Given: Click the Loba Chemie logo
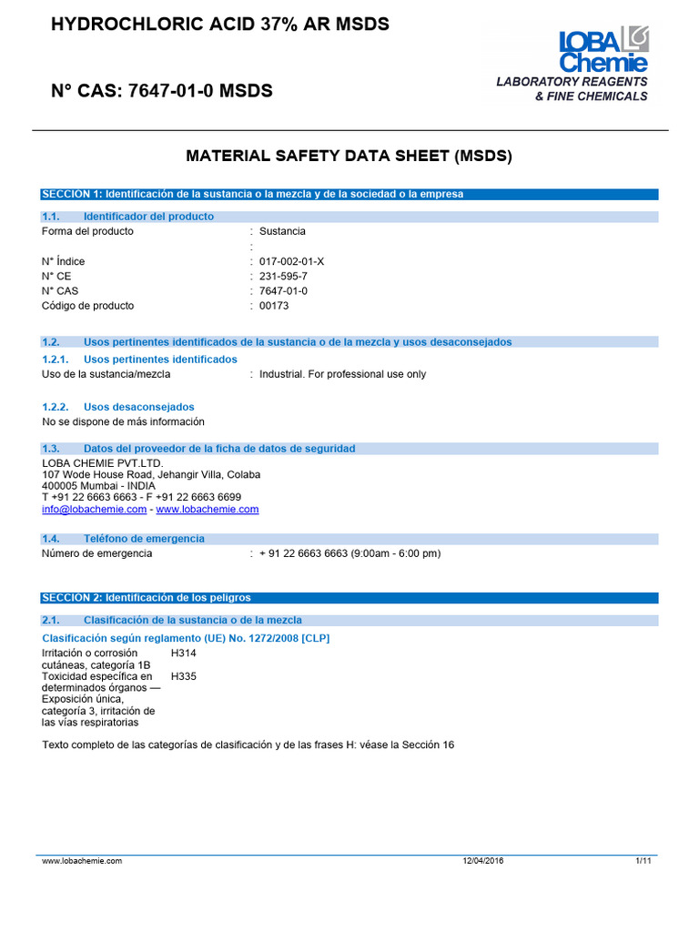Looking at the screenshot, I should [x=603, y=50].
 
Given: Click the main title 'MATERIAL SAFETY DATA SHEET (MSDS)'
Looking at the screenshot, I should [x=349, y=156].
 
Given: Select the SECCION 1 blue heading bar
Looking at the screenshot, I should [x=349, y=194].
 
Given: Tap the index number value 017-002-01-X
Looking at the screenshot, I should [x=291, y=261].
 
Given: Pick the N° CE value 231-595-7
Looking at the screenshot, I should [x=283, y=276].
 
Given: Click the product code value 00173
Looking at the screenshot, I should [x=273, y=306].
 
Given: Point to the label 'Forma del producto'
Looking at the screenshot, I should [x=87, y=231].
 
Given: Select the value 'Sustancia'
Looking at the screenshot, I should [x=282, y=231].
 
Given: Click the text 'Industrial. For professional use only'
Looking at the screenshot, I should [x=342, y=374].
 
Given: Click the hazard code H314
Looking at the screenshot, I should [x=183, y=653].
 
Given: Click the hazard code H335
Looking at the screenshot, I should [x=183, y=677].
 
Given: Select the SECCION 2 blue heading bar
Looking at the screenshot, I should [x=349, y=597].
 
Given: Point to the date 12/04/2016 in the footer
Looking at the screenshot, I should [x=483, y=860].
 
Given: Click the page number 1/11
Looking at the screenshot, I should [x=643, y=860].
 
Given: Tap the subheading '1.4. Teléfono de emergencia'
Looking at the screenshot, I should [x=124, y=539].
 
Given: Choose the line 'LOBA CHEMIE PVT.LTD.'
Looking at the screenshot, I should [x=103, y=463].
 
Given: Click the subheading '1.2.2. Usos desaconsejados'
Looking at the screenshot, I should [x=118, y=407].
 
